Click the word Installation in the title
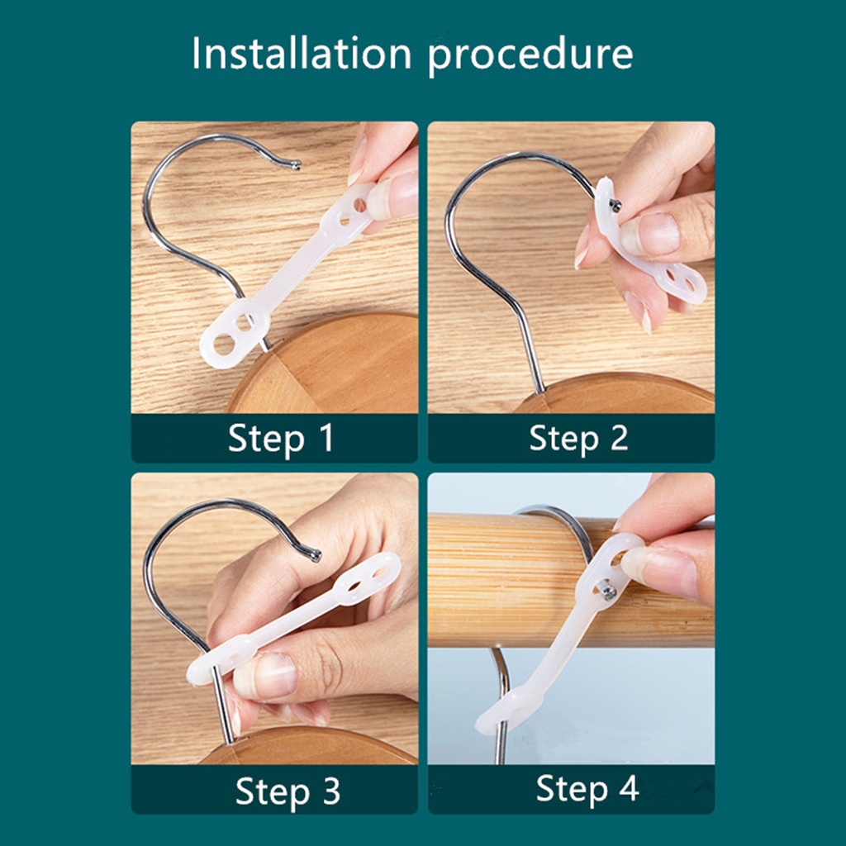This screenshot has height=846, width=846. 302,54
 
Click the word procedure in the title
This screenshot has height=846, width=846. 530,56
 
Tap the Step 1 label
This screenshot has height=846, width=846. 281,438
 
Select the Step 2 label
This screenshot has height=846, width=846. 578,438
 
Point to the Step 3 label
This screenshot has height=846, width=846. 288,791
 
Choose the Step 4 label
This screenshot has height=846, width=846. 587,789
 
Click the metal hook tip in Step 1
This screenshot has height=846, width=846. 297,164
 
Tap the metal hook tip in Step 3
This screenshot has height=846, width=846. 315,554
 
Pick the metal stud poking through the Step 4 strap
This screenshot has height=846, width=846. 607,592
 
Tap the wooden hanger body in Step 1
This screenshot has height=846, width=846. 324,367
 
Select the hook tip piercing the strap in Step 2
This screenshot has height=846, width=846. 615,204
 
